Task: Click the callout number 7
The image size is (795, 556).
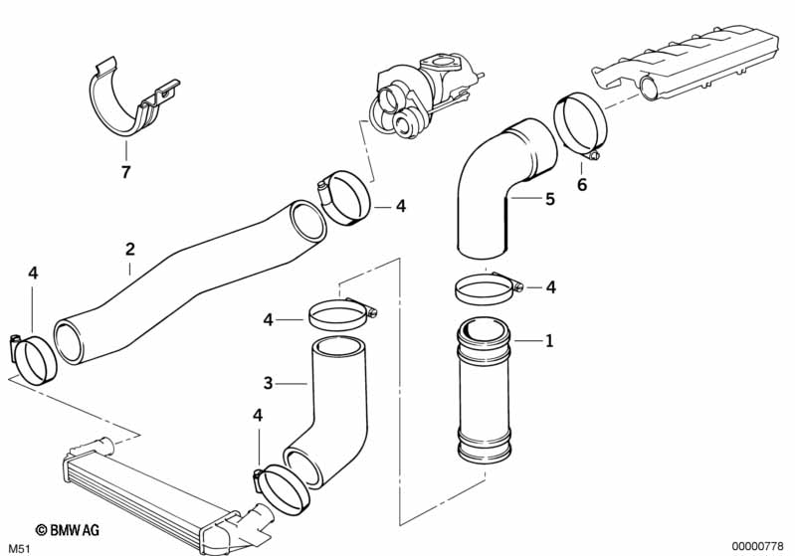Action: tap(125, 172)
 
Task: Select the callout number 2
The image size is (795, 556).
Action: tap(129, 249)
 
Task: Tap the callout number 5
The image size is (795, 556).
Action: tap(549, 199)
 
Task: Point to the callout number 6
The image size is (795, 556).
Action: tap(582, 184)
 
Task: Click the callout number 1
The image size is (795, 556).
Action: tap(547, 341)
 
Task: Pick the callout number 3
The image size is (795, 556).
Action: tap(268, 382)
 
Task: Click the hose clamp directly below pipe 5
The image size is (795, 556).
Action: tap(488, 288)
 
